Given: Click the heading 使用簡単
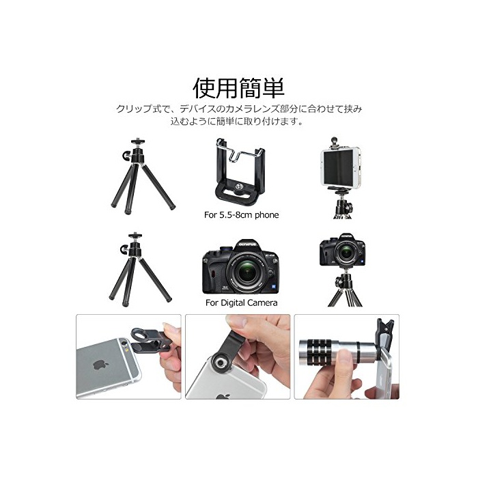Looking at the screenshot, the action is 239,88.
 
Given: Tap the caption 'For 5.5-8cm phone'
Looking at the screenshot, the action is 242,215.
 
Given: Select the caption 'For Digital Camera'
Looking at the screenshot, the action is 242,303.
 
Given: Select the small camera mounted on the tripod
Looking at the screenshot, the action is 343,251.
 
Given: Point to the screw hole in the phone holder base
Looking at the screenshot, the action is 239,185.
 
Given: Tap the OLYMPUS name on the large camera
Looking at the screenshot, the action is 247,244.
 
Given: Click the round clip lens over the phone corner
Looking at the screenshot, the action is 220,363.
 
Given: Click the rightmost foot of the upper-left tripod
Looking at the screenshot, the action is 172,208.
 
